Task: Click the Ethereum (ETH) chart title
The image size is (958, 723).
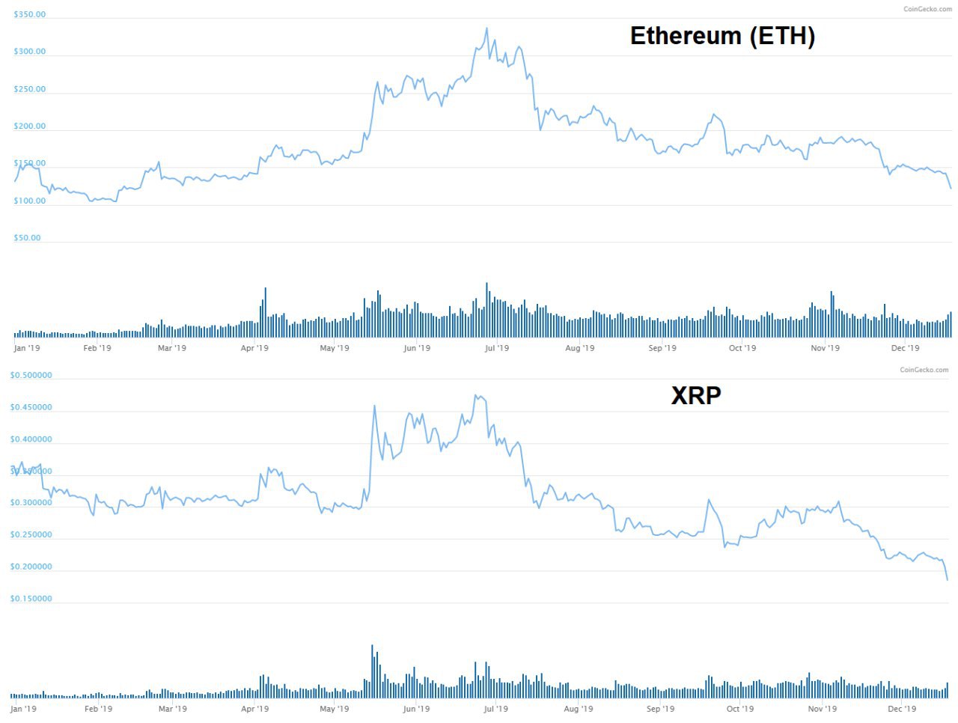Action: [722, 36]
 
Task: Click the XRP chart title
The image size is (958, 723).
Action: [696, 395]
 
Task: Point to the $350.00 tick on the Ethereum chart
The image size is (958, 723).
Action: [29, 15]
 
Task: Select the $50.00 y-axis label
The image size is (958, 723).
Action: [27, 238]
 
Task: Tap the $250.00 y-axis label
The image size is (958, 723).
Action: [29, 89]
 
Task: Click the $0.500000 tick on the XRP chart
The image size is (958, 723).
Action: [31, 376]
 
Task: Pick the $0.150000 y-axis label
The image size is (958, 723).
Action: [31, 599]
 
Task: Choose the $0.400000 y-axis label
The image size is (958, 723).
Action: [31, 439]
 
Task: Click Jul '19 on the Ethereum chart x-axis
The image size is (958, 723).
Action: [496, 348]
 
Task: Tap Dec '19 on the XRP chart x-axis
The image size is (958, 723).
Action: [901, 709]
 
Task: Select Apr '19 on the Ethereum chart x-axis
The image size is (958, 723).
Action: [254, 348]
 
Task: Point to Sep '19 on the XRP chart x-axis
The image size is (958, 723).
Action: [660, 709]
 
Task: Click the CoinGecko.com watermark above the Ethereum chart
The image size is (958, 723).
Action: [927, 9]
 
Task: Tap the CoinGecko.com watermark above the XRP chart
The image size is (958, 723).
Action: [924, 370]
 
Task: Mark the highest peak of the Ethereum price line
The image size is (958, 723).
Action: [486, 28]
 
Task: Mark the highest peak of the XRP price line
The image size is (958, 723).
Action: [476, 395]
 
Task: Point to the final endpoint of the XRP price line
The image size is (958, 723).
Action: [947, 580]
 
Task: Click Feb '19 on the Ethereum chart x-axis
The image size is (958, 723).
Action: [97, 348]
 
